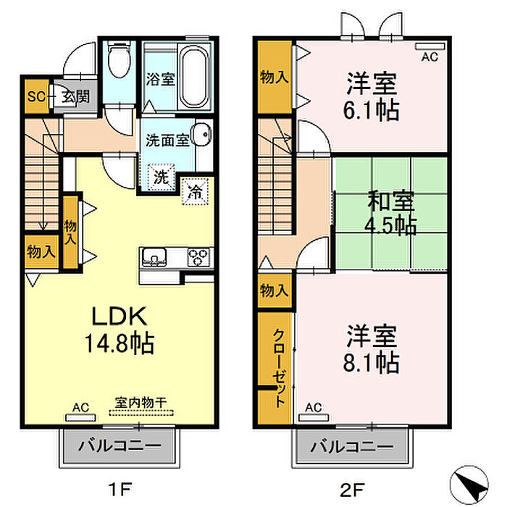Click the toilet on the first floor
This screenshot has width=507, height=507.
click(x=119, y=59)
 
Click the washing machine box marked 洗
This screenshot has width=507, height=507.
click(x=162, y=177)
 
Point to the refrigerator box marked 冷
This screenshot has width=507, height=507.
click(x=195, y=191)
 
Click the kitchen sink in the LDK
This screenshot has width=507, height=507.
click(x=154, y=257)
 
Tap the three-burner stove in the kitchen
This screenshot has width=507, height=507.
click(x=199, y=257)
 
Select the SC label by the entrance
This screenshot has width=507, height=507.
click(x=36, y=96)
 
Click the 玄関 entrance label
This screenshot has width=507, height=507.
click(x=75, y=96)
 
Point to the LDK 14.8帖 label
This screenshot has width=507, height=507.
click(x=120, y=330)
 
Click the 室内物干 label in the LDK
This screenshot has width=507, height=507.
click(x=141, y=403)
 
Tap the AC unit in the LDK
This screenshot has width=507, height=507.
click(x=81, y=417)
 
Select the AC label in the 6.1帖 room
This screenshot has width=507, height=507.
click(x=430, y=57)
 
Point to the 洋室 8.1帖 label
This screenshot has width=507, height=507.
click(x=371, y=348)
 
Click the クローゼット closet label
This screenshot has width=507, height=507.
click(x=279, y=368)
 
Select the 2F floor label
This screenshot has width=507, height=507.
click(x=352, y=489)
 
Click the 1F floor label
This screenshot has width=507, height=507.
click(x=120, y=489)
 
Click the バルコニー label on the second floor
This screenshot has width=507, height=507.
click(x=352, y=447)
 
